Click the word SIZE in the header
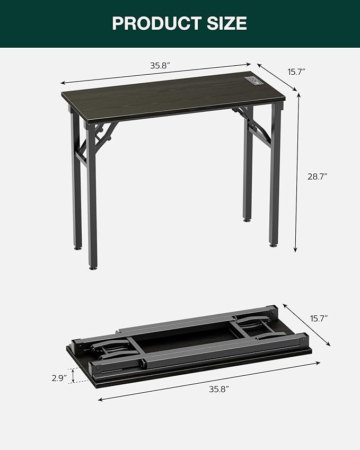tap(226, 23)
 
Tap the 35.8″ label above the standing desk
tap(160, 66)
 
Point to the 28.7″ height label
tap(318, 176)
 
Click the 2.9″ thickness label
tap(59, 378)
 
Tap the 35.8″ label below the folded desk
tap(218, 389)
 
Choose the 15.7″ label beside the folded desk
tap(319, 318)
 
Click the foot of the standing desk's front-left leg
tap(93, 267)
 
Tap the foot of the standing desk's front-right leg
tap(274, 244)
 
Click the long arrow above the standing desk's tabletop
tap(156, 74)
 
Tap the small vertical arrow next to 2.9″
tap(74, 375)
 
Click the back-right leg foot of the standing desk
tap(247, 219)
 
